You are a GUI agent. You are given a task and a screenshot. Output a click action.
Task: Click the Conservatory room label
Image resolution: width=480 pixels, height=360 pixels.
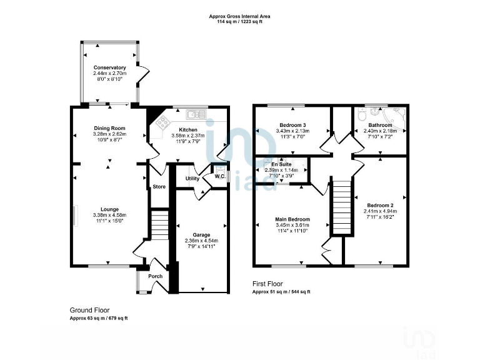tap(110, 67)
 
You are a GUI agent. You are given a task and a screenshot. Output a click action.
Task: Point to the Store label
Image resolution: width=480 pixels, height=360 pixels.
tap(159, 186)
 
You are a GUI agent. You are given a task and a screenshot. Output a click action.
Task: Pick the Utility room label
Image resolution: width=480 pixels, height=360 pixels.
tap(192, 179)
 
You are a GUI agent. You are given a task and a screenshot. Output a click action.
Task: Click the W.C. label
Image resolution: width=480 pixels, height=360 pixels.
tap(219, 176)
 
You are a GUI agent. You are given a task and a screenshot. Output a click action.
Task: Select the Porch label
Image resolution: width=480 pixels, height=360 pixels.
tap(155, 276)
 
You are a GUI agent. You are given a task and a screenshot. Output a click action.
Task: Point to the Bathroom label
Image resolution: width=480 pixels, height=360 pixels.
tap(380, 125)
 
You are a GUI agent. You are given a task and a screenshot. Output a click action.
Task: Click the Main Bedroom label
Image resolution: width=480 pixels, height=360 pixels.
tap(293, 219)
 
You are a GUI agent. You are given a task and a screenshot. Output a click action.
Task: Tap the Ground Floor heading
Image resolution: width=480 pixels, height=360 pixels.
tap(86, 310)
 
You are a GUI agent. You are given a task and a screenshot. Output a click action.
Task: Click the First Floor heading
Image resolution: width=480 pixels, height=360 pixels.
tap(268, 283)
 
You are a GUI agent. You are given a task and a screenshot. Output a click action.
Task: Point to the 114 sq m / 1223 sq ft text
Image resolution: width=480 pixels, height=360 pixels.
tap(239, 22)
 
